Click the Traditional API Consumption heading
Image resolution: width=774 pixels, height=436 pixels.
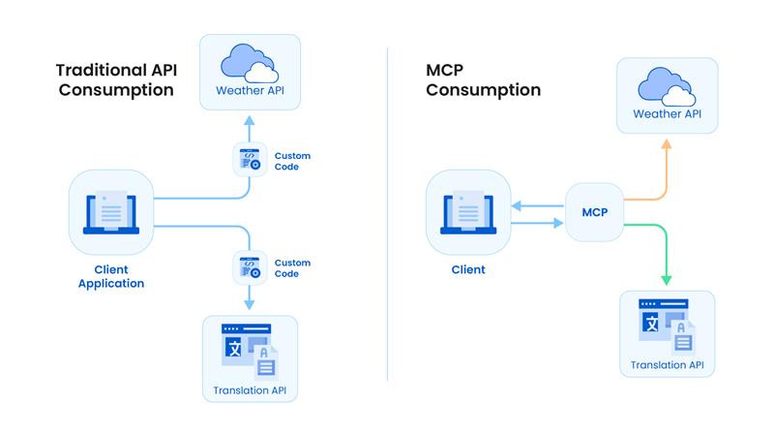(x=115, y=79)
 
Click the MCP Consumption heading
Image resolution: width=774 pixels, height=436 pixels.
(x=483, y=79)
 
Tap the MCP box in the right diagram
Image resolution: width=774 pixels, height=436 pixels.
(x=594, y=212)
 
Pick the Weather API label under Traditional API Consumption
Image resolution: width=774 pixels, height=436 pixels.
(x=251, y=92)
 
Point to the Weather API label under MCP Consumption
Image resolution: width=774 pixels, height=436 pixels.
(x=667, y=114)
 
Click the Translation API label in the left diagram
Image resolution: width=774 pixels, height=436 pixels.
(x=250, y=391)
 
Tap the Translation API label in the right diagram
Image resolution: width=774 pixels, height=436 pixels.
(x=667, y=365)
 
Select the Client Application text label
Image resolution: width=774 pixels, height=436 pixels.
(x=112, y=276)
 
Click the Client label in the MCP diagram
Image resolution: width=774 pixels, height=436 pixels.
(x=468, y=269)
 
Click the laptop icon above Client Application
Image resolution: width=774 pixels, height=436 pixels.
(x=112, y=213)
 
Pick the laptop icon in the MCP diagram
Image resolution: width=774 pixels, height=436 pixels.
(x=468, y=211)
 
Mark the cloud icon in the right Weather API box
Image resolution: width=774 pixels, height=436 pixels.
(x=667, y=84)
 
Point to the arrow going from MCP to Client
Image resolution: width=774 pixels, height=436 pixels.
(x=538, y=204)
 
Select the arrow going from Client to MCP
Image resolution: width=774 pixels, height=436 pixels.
(x=538, y=223)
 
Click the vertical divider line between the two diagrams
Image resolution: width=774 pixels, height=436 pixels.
(x=387, y=213)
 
